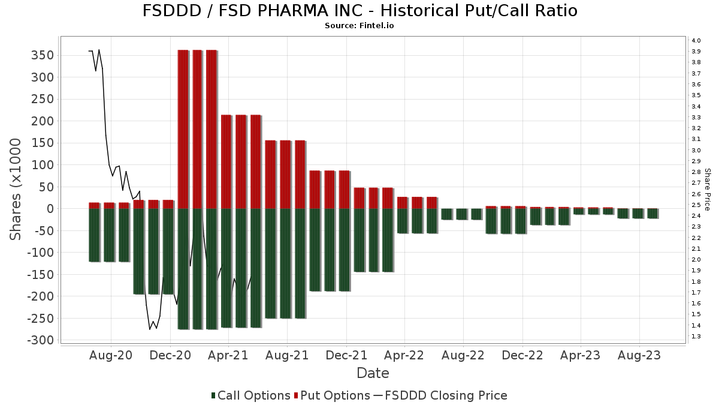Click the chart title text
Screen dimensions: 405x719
359,11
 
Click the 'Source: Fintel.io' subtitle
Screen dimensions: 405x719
359,26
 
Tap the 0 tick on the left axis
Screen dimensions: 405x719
51,209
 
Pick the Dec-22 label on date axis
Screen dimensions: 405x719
522,355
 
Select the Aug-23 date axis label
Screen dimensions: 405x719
639,355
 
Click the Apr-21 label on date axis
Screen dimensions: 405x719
229,355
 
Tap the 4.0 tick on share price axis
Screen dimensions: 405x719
696,40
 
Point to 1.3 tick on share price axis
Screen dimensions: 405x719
696,337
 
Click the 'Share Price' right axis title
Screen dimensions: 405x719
708,189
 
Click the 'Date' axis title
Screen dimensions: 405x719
373,373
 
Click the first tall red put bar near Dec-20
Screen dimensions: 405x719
183,129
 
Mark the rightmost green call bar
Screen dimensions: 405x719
652,213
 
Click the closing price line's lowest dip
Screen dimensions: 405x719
150,329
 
